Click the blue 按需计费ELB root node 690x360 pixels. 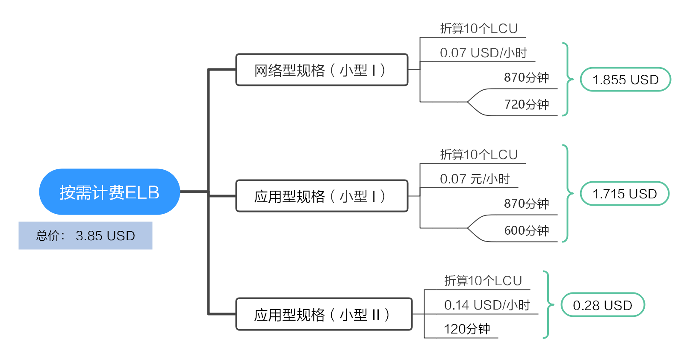[x=109, y=192]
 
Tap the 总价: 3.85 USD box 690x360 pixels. [x=86, y=236]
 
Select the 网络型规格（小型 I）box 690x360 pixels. [x=322, y=70]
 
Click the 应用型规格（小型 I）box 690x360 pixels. [x=322, y=196]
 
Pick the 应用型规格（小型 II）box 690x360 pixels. [x=324, y=314]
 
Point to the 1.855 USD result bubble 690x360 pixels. [x=625, y=80]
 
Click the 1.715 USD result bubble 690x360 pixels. [x=625, y=194]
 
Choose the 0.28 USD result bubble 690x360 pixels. [x=603, y=305]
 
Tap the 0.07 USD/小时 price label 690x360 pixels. [x=484, y=53]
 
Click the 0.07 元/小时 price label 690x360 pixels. [x=475, y=179]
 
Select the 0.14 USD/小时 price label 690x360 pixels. [x=487, y=305]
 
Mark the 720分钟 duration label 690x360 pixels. [x=526, y=104]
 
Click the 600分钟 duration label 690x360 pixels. [x=526, y=230]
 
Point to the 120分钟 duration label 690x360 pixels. [x=467, y=329]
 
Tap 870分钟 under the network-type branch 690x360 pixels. [x=526, y=77]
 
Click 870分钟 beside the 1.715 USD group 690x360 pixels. [x=526, y=203]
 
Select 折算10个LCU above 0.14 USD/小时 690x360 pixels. [x=483, y=280]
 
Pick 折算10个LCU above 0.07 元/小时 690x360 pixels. [x=479, y=154]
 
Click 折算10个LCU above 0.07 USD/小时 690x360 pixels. [x=479, y=28]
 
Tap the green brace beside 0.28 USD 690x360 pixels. [x=549, y=305]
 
